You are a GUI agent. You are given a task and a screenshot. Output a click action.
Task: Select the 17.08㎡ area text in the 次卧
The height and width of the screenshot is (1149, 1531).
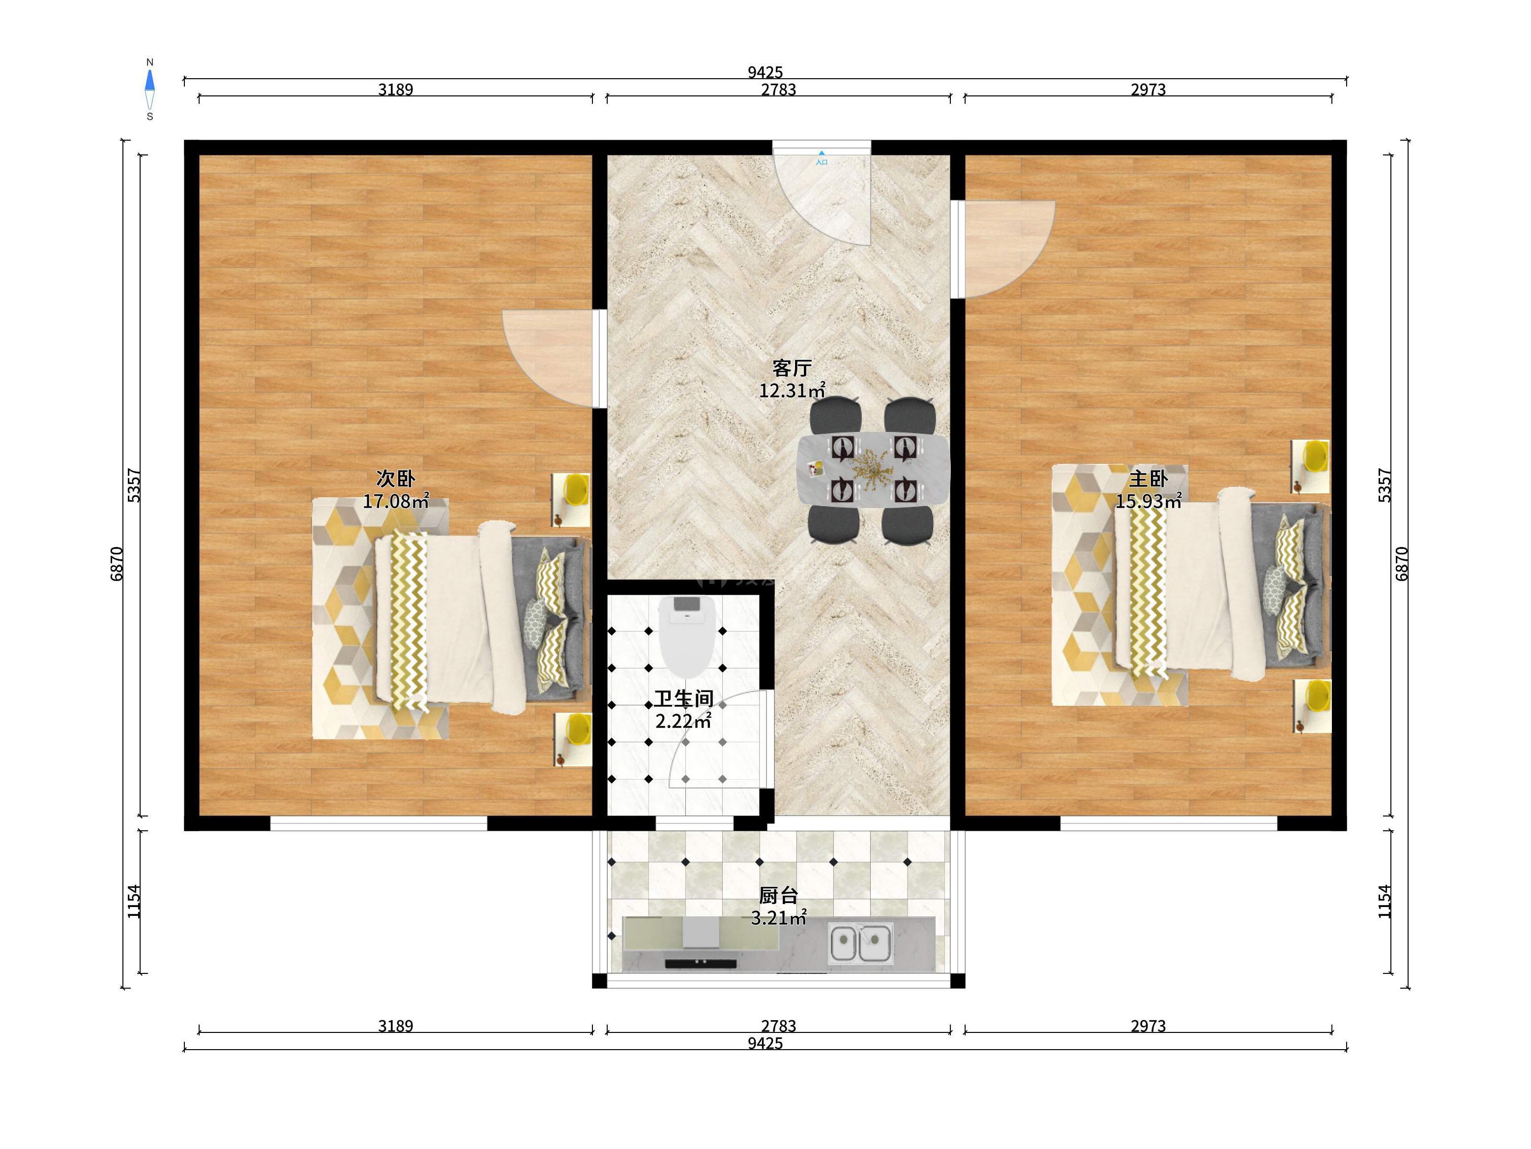pyautogui.click(x=396, y=501)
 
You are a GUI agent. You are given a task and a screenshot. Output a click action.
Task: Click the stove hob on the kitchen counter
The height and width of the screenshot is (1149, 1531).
pyautogui.click(x=701, y=962)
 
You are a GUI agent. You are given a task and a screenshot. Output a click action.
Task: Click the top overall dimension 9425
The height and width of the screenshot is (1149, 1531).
pyautogui.click(x=765, y=72)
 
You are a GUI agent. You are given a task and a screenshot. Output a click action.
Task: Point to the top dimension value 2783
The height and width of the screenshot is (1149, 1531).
pyautogui.click(x=779, y=90)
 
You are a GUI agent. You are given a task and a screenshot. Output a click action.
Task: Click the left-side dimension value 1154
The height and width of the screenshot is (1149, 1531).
pyautogui.click(x=134, y=901)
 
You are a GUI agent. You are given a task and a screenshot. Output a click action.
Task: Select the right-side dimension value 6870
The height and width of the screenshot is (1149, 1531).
pyautogui.click(x=1402, y=564)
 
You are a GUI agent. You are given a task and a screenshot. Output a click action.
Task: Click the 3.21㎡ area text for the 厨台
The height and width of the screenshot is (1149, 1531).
pyautogui.click(x=779, y=918)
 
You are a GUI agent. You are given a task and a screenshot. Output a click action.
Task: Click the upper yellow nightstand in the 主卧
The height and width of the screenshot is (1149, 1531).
pyautogui.click(x=1310, y=466)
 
